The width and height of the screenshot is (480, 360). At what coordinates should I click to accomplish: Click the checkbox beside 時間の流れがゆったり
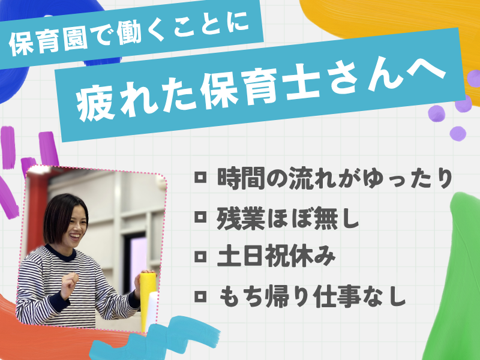[x=201, y=178]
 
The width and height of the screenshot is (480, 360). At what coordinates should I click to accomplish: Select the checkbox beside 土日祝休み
[x=201, y=257]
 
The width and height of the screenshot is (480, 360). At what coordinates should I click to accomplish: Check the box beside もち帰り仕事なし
[x=201, y=296]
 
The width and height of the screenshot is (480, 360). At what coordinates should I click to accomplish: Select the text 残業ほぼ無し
[x=287, y=219]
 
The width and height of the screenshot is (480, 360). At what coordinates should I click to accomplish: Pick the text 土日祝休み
[x=275, y=257]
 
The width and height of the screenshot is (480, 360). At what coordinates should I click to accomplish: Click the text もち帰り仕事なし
[x=313, y=296]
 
